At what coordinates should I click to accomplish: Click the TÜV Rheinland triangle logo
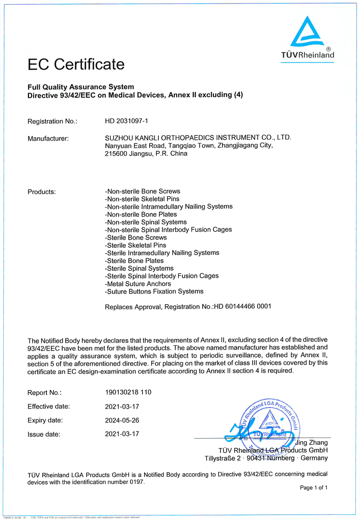(x=307, y=33)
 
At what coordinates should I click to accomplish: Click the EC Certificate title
(x=76, y=65)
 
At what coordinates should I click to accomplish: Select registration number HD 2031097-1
(x=126, y=121)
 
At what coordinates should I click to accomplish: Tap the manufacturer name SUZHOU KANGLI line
(x=198, y=138)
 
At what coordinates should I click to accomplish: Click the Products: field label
(x=41, y=192)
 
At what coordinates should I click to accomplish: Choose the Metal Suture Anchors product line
(x=138, y=284)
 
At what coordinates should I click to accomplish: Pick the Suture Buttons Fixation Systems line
(x=154, y=292)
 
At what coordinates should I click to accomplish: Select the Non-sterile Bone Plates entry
(x=134, y=215)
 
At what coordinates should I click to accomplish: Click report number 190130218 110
(x=128, y=392)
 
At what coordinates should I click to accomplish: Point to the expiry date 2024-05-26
(x=122, y=420)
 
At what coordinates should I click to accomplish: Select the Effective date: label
(x=48, y=407)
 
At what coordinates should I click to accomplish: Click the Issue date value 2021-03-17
(x=122, y=434)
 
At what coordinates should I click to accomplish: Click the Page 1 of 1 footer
(x=314, y=487)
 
